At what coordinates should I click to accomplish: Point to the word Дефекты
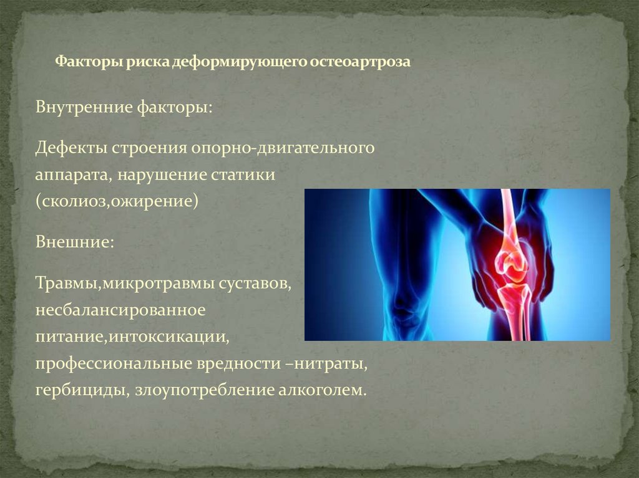71,148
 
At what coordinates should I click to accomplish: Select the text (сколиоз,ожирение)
117,202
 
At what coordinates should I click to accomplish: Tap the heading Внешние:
74,241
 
